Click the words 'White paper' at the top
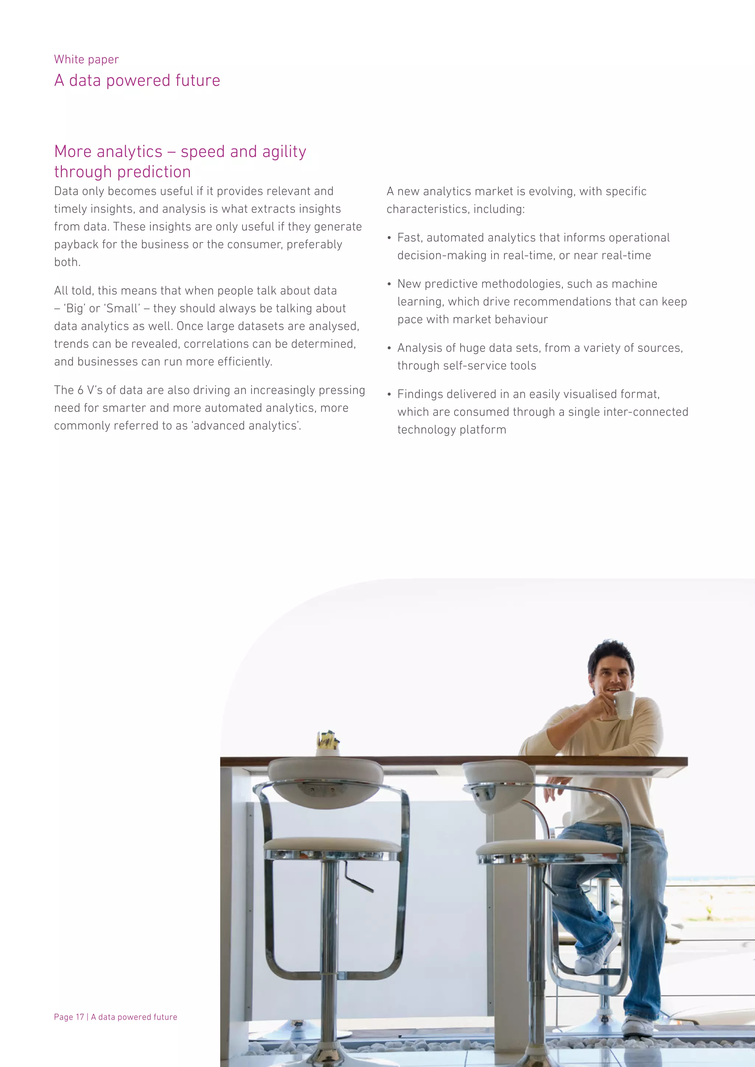tap(87, 59)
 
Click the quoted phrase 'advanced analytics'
tap(245, 426)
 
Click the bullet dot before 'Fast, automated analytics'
tap(389, 238)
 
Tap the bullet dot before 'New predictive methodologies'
tap(389, 284)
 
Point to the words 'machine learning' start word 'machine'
tap(636, 284)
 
